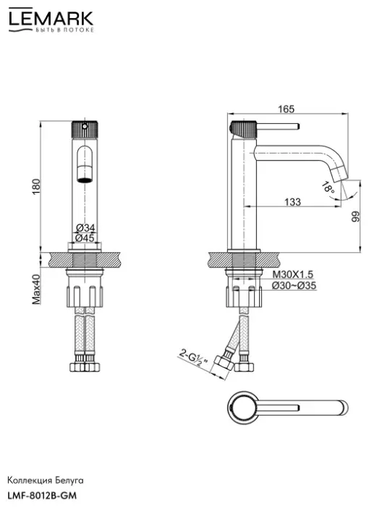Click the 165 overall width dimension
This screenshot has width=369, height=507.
tap(287, 109)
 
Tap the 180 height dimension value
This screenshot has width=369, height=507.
tap(36, 187)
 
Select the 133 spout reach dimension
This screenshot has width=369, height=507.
tap(292, 202)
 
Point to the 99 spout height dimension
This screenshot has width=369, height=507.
tap(355, 217)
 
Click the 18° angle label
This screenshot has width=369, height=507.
tap(328, 188)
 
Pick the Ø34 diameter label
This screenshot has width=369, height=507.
tap(85, 228)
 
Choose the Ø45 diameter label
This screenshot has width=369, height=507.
tap(85, 238)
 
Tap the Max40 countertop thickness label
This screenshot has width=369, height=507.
tap(36, 290)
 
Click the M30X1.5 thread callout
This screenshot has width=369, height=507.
tap(293, 275)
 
